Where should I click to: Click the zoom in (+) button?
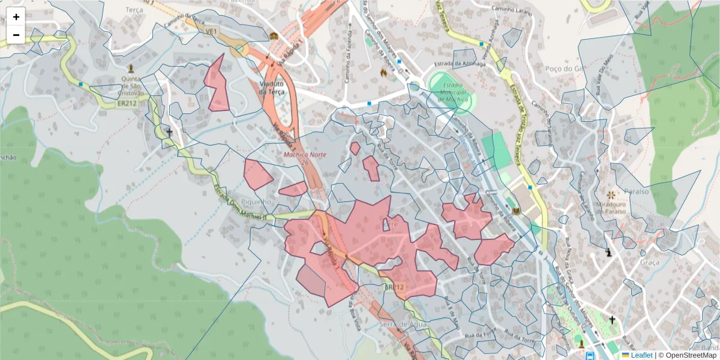pyautogui.click(x=16, y=17)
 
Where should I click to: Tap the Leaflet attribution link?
pyautogui.click(x=641, y=355)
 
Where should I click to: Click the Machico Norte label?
pyautogui.click(x=305, y=155)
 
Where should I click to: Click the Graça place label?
pyautogui.click(x=650, y=262)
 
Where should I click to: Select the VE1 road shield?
pyautogui.click(x=211, y=30)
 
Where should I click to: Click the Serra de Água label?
pyautogui.click(x=403, y=324)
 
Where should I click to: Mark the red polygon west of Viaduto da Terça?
pyautogui.click(x=217, y=84)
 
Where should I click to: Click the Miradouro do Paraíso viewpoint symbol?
pyautogui.click(x=611, y=195)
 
